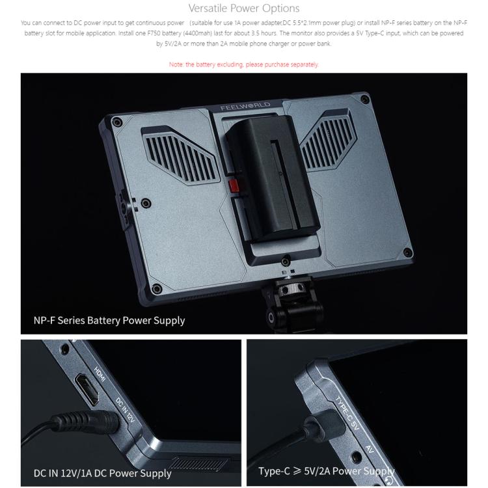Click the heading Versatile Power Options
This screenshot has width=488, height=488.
(x=244, y=8)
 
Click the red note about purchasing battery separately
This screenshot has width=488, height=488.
(x=244, y=64)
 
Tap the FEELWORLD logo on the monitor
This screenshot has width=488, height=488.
(x=245, y=106)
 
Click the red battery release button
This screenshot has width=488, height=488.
(x=234, y=185)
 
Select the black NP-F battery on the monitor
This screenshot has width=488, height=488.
(x=273, y=178)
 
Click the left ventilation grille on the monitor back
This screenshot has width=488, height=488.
(x=180, y=156)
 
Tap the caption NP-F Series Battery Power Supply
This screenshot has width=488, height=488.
(x=109, y=320)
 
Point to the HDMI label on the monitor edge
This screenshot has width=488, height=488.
(x=100, y=374)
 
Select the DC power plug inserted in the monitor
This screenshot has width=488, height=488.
(x=86, y=422)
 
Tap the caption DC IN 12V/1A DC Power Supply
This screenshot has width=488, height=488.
(x=102, y=473)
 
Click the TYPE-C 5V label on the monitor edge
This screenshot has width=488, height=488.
(x=347, y=413)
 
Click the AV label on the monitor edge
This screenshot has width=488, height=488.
(x=370, y=449)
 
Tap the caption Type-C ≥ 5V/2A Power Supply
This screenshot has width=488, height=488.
(x=327, y=471)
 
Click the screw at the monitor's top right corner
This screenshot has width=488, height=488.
(x=364, y=100)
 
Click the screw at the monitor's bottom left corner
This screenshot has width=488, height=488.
(x=157, y=289)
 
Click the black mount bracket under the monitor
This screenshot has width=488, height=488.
(x=293, y=306)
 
